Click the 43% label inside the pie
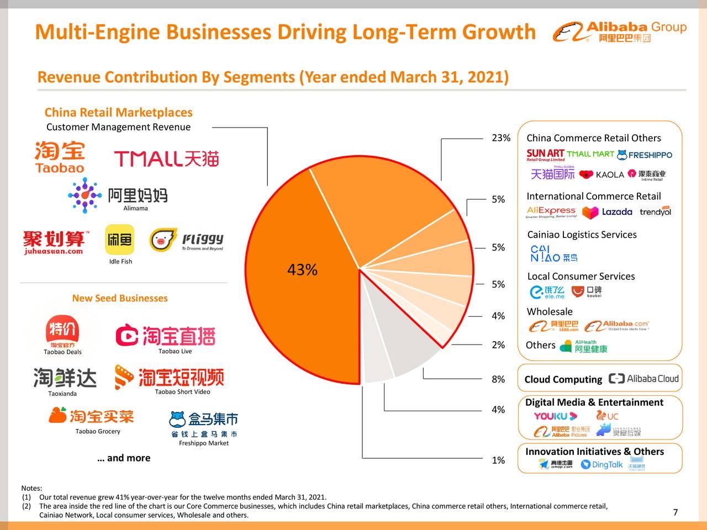pyautogui.click(x=302, y=270)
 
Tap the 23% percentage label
pyautogui.click(x=501, y=138)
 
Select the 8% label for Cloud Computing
pyautogui.click(x=498, y=379)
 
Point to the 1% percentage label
pyautogui.click(x=498, y=460)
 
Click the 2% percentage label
pyautogui.click(x=498, y=345)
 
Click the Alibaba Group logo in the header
pyautogui.click(x=619, y=32)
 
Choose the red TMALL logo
pyautogui.click(x=166, y=159)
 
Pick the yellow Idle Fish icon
pyautogui.click(x=120, y=240)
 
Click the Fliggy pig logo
pyautogui.click(x=163, y=240)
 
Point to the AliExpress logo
pyautogui.click(x=551, y=212)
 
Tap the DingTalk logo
pyautogui.click(x=602, y=465)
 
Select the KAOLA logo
pyautogui.click(x=602, y=174)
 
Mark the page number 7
pyautogui.click(x=676, y=512)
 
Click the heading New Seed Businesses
pyautogui.click(x=120, y=298)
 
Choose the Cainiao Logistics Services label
pyautogui.click(x=582, y=235)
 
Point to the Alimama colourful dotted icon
pyautogui.click(x=85, y=195)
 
